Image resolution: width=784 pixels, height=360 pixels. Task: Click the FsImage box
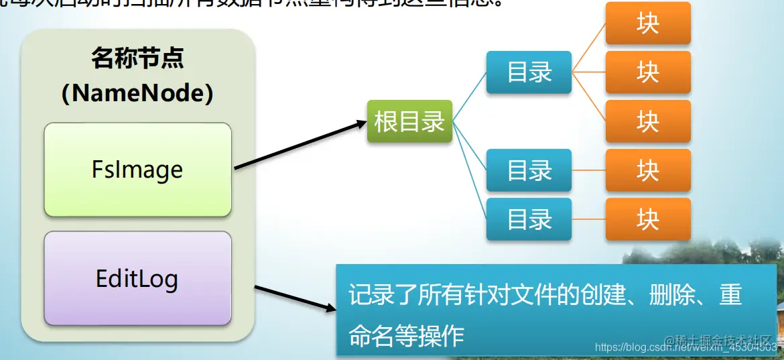coord(137,170)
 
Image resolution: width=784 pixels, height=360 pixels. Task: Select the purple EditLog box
coord(137,278)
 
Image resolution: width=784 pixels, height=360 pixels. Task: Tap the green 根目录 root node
coord(409,121)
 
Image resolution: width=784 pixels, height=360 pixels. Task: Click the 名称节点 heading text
coord(137,59)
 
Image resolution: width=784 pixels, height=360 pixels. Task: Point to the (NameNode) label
coord(137,93)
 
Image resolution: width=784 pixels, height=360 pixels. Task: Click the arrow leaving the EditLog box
coord(295,298)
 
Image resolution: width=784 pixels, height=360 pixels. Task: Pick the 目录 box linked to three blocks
coord(529,72)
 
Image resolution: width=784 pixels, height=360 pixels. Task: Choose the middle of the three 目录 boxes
coord(529,170)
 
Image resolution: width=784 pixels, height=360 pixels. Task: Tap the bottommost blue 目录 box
coord(529,219)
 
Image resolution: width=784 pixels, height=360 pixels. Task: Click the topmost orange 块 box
coord(647,23)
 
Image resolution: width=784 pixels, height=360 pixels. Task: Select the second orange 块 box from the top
coord(647,72)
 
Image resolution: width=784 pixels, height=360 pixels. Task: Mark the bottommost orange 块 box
coord(647,219)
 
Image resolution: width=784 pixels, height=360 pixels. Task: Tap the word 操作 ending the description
coord(442,335)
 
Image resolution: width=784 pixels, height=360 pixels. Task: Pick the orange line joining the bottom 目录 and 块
coord(588,219)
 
